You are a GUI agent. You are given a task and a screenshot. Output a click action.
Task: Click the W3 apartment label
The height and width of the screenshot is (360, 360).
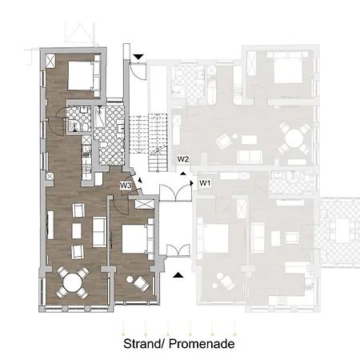point(126,185)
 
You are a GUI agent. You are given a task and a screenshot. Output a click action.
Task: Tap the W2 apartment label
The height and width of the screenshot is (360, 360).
point(183,159)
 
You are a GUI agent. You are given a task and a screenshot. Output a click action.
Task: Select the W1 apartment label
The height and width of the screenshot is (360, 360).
point(205,183)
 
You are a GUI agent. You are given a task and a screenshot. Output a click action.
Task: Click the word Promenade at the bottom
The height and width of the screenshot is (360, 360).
point(202,343)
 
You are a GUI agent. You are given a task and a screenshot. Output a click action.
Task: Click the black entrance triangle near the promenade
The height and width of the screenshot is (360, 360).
point(178,275)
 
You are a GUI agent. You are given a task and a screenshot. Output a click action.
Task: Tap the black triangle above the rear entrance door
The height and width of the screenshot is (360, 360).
point(138,57)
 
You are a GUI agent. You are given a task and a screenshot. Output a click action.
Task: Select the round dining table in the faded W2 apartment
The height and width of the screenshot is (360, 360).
point(294,138)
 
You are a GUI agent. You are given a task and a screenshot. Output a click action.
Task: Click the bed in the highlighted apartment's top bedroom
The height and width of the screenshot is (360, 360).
point(84,76)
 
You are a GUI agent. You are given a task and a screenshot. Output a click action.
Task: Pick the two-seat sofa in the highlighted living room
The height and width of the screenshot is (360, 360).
point(99,232)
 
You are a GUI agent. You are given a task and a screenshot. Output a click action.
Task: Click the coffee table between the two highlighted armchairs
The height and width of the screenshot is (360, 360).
point(77,231)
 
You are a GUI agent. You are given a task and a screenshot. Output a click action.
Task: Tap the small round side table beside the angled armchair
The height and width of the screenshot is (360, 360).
point(130,279)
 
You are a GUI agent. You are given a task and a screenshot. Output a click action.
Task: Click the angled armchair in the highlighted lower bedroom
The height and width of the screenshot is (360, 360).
point(142,284)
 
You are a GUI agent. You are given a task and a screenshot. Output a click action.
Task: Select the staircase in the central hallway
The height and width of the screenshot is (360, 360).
point(149,142)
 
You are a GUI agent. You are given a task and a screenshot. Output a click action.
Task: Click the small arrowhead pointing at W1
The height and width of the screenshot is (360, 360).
point(191,183)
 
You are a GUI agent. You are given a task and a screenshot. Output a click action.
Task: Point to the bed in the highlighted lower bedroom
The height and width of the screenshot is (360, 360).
point(138,239)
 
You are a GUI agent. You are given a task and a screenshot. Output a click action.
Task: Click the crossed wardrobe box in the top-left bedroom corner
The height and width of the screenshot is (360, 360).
point(50,61)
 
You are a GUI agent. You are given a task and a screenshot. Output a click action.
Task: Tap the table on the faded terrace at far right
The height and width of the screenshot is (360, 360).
point(343,230)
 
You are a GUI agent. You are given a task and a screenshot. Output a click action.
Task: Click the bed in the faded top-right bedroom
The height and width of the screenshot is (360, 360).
point(288,67)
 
